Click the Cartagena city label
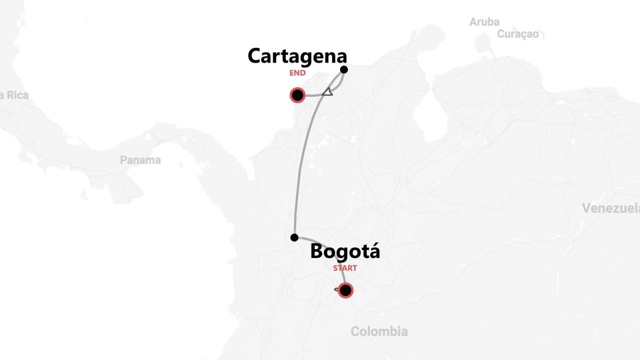[297, 56]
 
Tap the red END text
[297, 73]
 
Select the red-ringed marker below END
[297, 95]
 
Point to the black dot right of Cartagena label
[344, 69]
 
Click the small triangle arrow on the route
[327, 91]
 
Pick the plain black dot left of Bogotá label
[294, 237]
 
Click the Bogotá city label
[345, 251]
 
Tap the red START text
[345, 268]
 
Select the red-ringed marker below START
[345, 290]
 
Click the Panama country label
[140, 160]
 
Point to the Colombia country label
[379, 331]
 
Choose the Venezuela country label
[610, 208]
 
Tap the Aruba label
[484, 22]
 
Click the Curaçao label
[517, 34]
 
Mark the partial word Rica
[16, 95]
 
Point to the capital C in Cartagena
[256, 56]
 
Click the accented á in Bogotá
[372, 251]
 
